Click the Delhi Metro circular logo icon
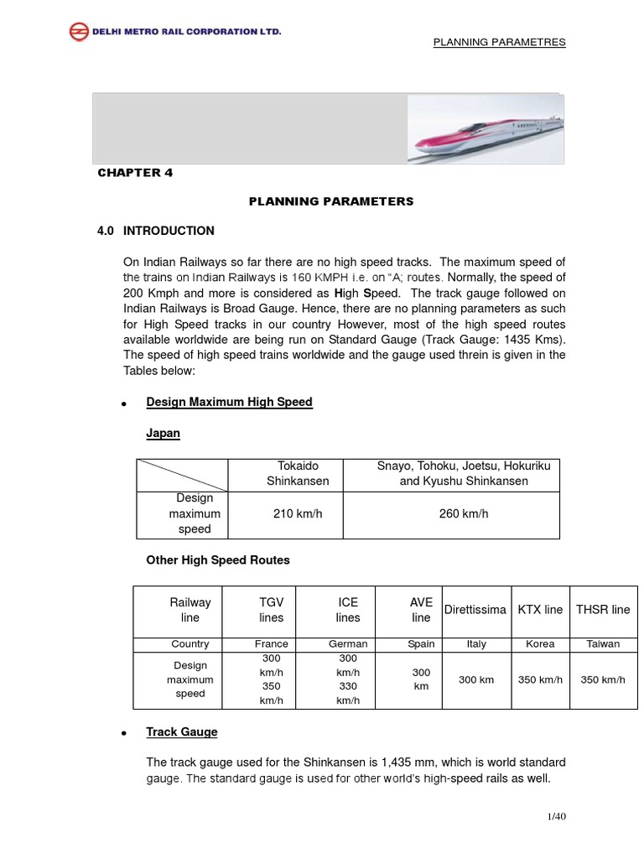click(78, 33)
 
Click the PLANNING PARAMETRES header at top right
click(499, 43)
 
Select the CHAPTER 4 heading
click(135, 173)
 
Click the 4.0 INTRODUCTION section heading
click(156, 231)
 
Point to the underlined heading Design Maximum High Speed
click(229, 402)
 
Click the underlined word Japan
click(164, 434)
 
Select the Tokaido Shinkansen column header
click(288, 473)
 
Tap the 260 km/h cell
click(463, 513)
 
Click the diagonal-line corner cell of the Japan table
click(181, 474)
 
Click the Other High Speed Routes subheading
click(218, 560)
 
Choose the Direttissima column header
click(475, 610)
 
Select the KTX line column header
click(539, 610)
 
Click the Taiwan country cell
click(603, 644)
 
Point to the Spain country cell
click(421, 644)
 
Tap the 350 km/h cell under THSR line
click(603, 679)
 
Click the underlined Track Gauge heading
click(182, 731)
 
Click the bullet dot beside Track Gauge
click(124, 734)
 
